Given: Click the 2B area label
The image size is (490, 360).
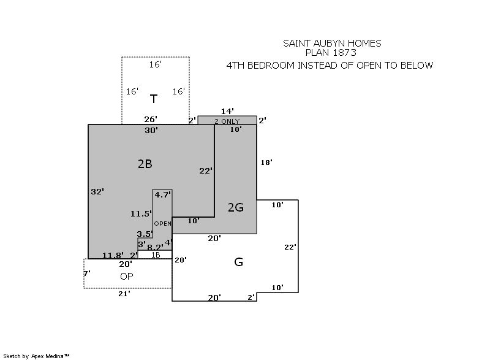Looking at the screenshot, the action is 145,164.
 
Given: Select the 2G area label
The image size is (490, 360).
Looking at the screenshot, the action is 236,207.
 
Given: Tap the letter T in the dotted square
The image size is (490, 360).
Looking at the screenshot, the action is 154,99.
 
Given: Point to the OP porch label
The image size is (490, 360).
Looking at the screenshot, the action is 127,276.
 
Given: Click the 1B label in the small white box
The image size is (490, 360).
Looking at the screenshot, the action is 156,255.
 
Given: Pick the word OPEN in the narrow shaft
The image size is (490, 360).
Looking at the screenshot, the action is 162,224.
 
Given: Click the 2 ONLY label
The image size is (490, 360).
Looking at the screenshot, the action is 227,121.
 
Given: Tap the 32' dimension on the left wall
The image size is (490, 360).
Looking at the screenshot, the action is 97,191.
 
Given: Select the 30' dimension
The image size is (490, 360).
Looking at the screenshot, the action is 151,130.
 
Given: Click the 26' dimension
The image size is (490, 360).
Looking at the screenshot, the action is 151,119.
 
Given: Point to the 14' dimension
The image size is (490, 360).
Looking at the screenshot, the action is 227,111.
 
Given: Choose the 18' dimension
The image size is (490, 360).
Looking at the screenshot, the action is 266,163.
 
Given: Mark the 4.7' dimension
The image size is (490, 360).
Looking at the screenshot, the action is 163,195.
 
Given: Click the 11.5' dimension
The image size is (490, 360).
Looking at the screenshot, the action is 141,214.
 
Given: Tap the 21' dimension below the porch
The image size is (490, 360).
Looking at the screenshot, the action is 124,294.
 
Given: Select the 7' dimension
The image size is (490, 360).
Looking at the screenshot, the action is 87,274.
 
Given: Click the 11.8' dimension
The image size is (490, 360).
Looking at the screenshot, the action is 113,255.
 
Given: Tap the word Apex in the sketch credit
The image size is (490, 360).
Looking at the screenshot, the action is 37,356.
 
